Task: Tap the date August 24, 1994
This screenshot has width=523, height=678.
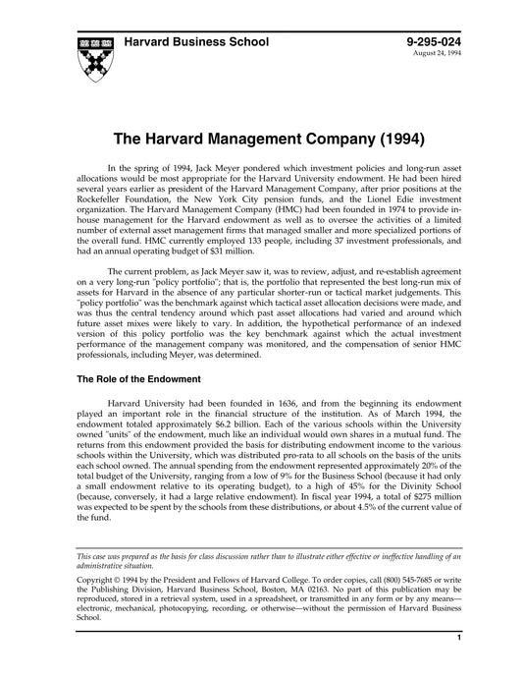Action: pyautogui.click(x=442, y=53)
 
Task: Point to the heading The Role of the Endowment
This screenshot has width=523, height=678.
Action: pyautogui.click(x=138, y=351)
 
